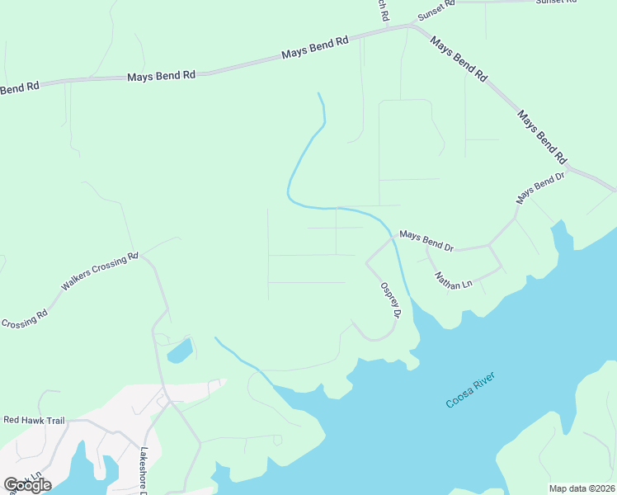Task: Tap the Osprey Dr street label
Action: tap(390, 301)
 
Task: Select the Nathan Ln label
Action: tap(453, 280)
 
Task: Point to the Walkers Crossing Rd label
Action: tap(100, 273)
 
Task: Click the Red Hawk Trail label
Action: tap(34, 420)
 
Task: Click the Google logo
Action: tap(27, 484)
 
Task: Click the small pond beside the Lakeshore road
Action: tap(179, 351)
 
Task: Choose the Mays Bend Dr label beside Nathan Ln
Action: tap(426, 240)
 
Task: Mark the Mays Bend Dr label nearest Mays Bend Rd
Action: tap(540, 189)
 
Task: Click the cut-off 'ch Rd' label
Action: tap(382, 10)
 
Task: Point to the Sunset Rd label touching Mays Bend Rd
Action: tap(436, 10)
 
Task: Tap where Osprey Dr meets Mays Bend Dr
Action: tap(393, 238)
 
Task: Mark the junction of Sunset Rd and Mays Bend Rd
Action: tap(409, 26)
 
